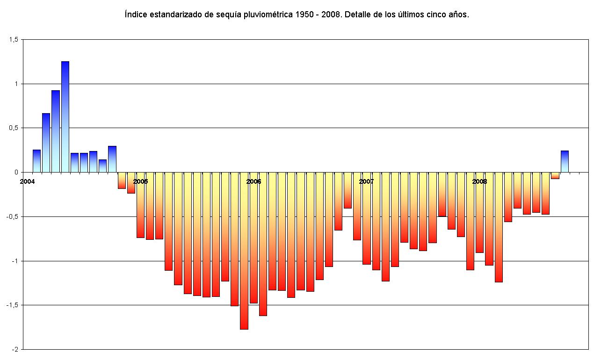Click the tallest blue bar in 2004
tap(65, 117)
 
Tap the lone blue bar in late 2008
tap(565, 161)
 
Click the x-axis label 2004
tap(27, 181)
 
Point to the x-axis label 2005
tap(140, 181)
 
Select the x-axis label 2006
tap(254, 181)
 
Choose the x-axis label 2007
tap(366, 181)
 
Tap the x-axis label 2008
tap(479, 181)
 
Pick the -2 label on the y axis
tap(15, 349)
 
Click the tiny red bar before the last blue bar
tap(555, 175)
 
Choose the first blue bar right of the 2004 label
tap(36, 161)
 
